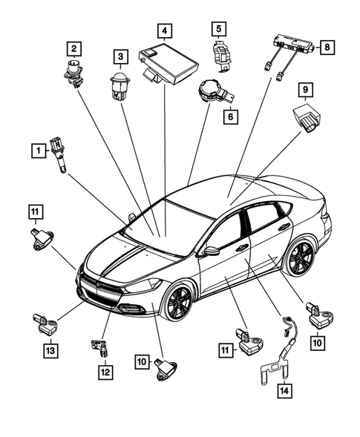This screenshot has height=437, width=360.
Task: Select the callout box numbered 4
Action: click(x=165, y=31)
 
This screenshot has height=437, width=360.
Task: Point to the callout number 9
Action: click(x=304, y=91)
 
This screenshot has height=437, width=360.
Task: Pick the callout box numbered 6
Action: click(x=230, y=116)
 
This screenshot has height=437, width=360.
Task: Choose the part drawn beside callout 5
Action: click(x=219, y=56)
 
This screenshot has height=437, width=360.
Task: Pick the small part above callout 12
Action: click(x=99, y=345)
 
